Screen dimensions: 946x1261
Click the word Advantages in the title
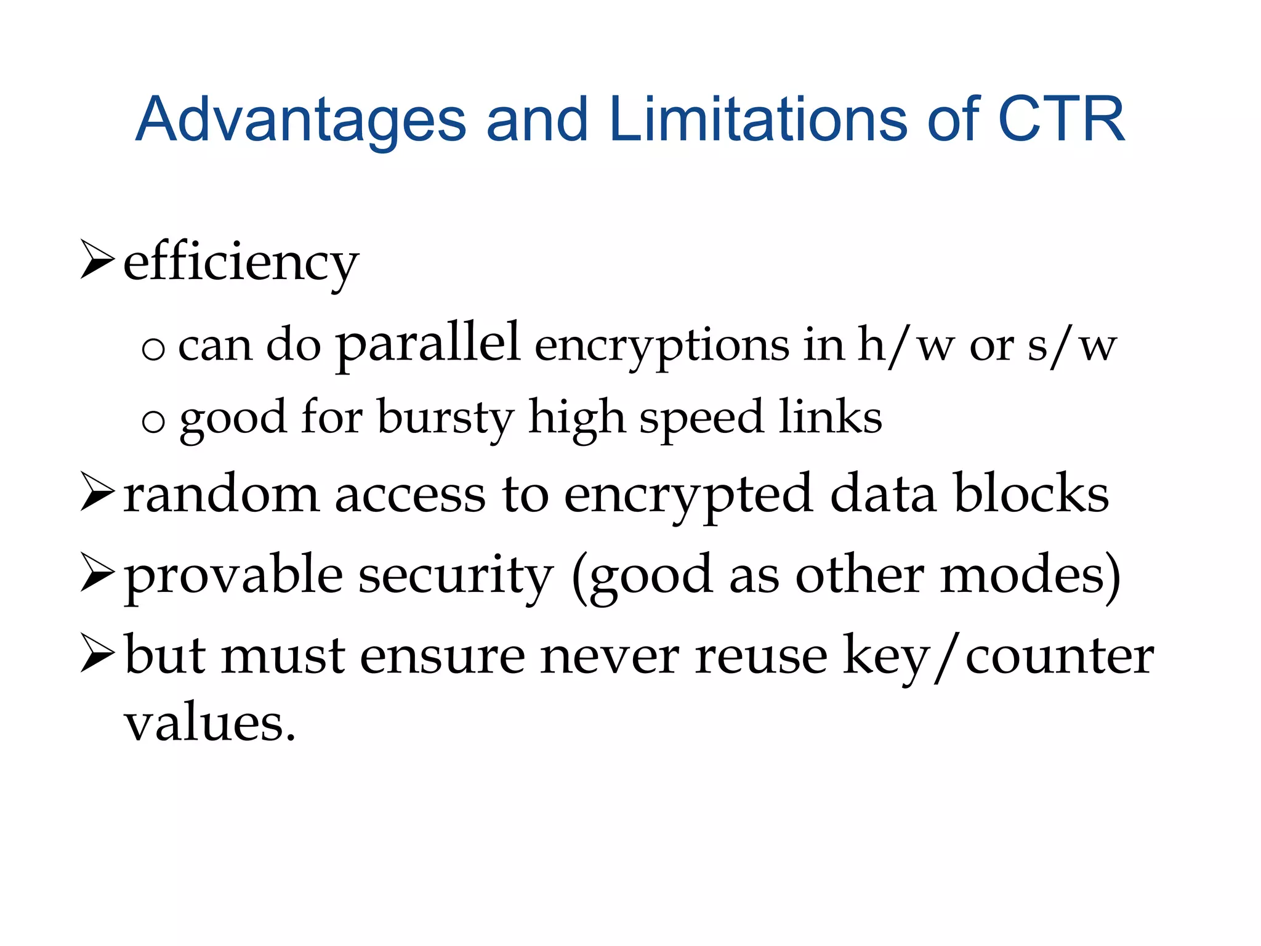tap(300, 120)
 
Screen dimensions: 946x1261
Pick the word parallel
tap(428, 344)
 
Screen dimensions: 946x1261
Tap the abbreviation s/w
tap(1072, 347)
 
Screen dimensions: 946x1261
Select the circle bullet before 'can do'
tap(153, 350)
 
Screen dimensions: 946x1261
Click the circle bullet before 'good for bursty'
tap(153, 422)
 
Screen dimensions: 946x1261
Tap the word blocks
tap(1031, 493)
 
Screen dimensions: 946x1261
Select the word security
tap(456, 576)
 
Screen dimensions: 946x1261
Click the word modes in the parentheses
tap(1021, 575)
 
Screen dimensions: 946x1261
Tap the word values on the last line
tap(210, 723)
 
